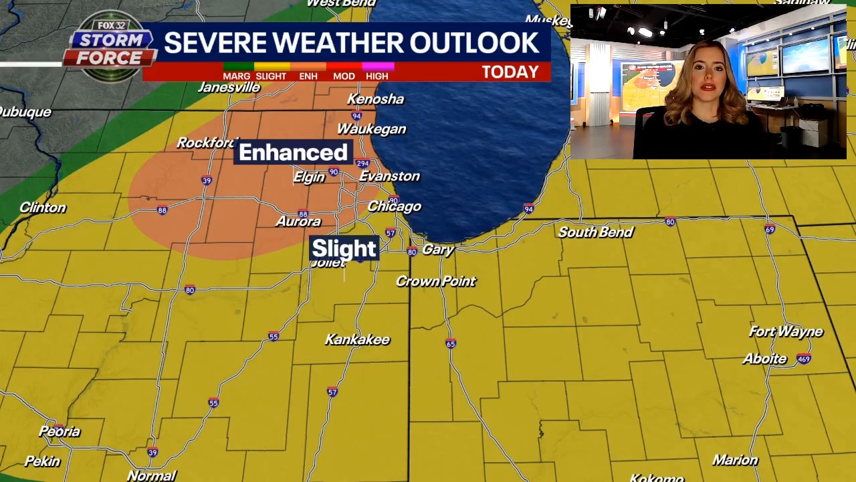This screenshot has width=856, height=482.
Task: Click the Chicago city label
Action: [394, 207]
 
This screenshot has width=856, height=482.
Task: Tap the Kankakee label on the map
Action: [357, 340]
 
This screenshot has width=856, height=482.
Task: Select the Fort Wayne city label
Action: [786, 332]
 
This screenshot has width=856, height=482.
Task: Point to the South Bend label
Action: [595, 232]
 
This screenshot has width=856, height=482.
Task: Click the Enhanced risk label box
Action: [293, 153]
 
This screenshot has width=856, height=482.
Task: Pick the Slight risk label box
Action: [344, 248]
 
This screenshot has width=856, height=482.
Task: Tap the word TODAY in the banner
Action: [510, 72]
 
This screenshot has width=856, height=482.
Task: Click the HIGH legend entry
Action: [377, 76]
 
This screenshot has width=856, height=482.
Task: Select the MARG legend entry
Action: [237, 76]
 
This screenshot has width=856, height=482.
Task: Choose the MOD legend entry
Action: [344, 76]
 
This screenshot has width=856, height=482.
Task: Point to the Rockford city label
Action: [207, 143]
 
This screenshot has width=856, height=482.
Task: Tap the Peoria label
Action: [60, 432]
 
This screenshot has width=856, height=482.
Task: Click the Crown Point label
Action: [435, 282]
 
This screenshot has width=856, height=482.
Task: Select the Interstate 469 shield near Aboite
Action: [804, 359]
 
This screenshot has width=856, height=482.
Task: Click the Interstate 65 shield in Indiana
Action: [451, 344]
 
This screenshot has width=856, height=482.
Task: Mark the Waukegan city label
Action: [371, 129]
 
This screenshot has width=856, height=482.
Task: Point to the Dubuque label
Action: [25, 112]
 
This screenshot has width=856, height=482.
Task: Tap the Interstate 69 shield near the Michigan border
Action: [770, 230]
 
